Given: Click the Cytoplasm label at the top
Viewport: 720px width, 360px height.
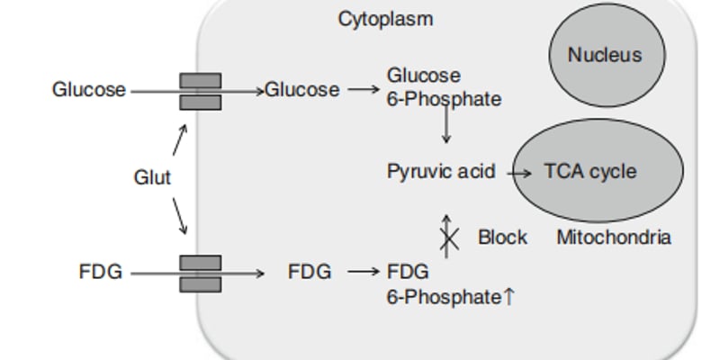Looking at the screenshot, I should [x=385, y=18].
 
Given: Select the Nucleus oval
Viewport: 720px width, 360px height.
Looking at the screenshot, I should [x=605, y=55].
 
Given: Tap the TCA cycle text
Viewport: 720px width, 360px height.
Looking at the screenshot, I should [x=589, y=171].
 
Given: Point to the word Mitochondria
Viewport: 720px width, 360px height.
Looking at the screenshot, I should [x=614, y=238].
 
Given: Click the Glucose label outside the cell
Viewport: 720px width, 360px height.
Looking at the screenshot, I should [x=89, y=90].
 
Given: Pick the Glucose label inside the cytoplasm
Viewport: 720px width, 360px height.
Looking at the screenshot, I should [x=302, y=90].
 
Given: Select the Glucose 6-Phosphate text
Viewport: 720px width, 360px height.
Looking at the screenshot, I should [x=444, y=87].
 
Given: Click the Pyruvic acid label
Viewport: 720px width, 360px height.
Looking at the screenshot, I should [x=441, y=171].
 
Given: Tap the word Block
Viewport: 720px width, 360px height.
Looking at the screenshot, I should [x=502, y=238].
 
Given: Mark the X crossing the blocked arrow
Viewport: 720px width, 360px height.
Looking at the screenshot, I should [x=448, y=238].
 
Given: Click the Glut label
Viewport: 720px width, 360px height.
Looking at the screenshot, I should [x=152, y=177].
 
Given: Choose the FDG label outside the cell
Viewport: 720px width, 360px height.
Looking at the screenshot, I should [x=101, y=271].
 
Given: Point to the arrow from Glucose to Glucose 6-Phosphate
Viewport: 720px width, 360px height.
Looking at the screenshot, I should [x=364, y=90].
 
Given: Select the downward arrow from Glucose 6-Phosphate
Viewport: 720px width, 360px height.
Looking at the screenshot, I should [x=445, y=127].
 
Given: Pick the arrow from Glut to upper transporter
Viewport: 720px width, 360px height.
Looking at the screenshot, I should [x=179, y=140].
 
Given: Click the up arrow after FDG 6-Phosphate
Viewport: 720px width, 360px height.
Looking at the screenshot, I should [x=509, y=296].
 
